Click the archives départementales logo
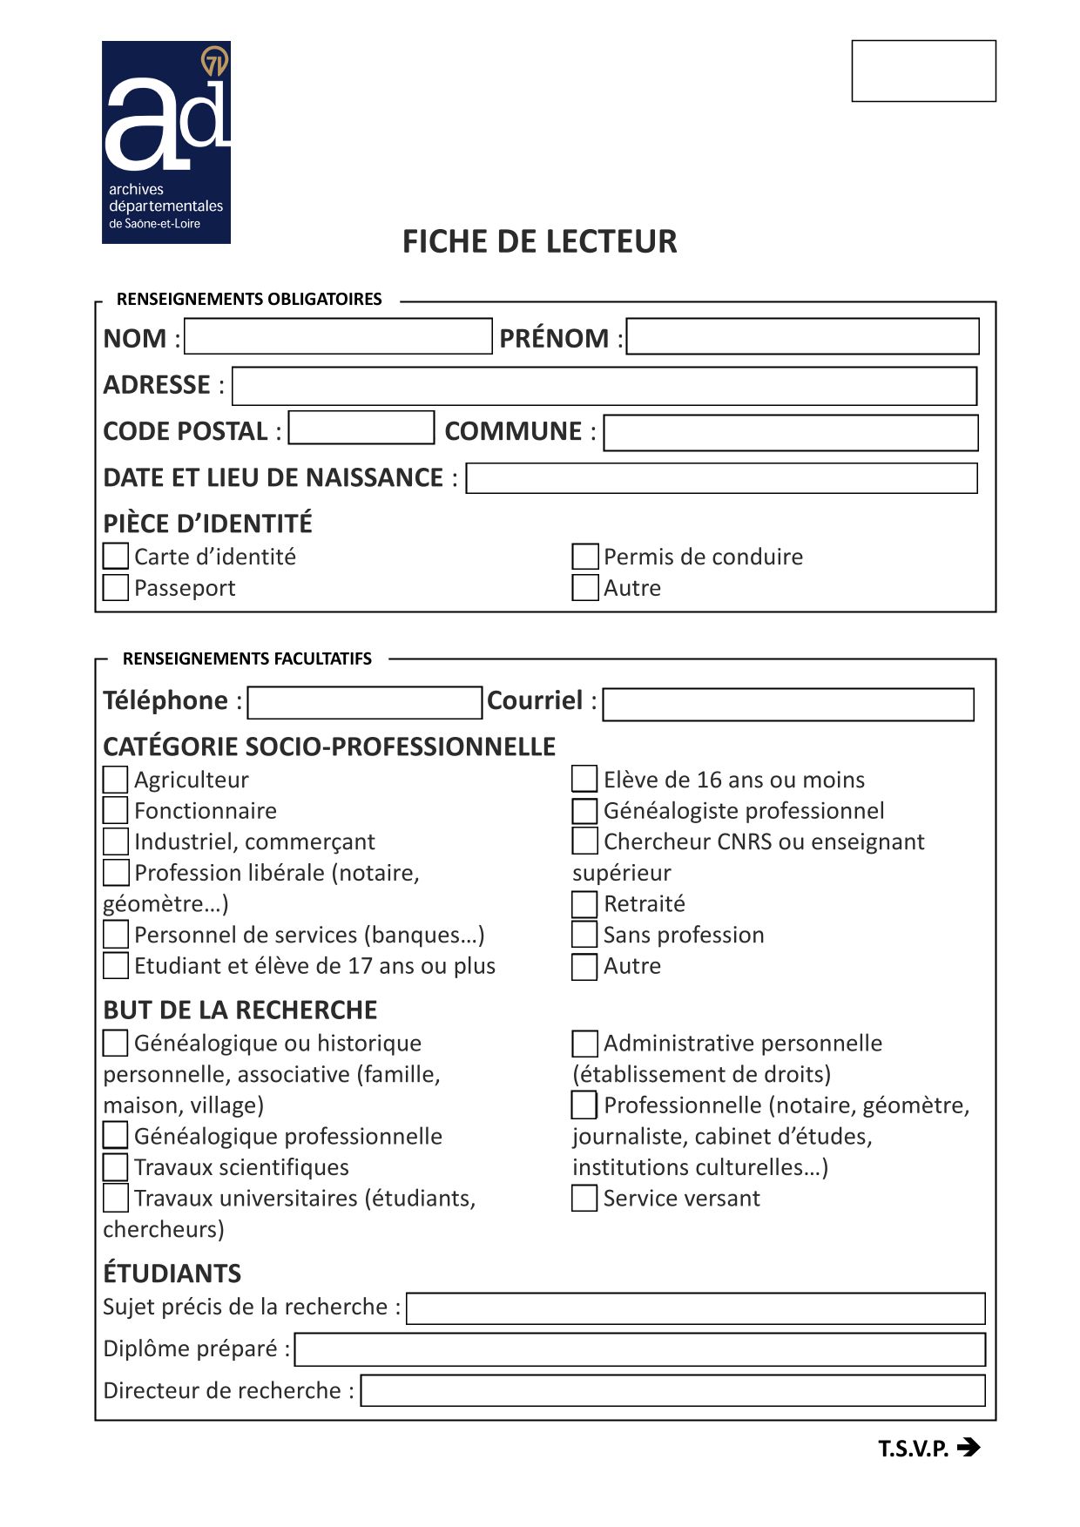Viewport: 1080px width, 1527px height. point(166,142)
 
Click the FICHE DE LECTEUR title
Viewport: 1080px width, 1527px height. point(539,241)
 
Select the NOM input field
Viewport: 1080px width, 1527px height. point(338,336)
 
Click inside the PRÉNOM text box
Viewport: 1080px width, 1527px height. point(802,336)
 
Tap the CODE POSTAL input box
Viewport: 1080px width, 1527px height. point(361,428)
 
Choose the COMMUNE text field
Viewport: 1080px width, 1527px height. point(791,433)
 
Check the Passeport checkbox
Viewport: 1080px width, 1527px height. point(116,587)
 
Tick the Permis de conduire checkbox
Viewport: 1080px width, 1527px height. point(585,557)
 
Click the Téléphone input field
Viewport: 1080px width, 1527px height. point(364,703)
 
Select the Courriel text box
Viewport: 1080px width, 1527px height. point(787,705)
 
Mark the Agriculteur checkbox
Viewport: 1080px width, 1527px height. point(116,780)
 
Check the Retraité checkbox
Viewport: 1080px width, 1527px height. point(584,904)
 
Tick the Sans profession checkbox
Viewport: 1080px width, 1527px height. point(584,935)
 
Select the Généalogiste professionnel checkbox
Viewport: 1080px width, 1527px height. point(584,811)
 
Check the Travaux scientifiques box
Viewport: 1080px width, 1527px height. point(116,1167)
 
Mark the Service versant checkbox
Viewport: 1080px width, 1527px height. point(584,1199)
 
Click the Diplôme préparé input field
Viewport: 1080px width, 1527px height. point(640,1349)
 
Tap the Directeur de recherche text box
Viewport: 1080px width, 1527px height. point(672,1390)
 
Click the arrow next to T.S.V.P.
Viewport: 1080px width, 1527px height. point(968,1448)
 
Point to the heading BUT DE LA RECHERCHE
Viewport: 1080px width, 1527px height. point(240,1010)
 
